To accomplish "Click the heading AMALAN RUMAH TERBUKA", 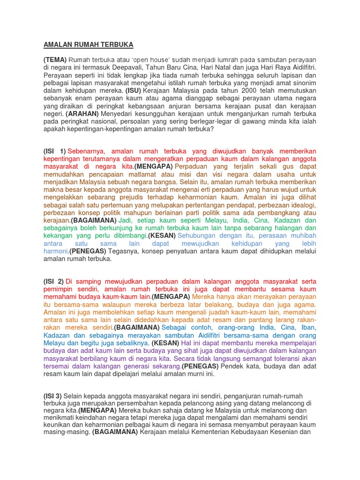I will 88,45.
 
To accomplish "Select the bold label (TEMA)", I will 55,60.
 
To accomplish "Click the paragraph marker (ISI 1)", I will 55,151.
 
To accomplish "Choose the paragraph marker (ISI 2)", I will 55,281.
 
